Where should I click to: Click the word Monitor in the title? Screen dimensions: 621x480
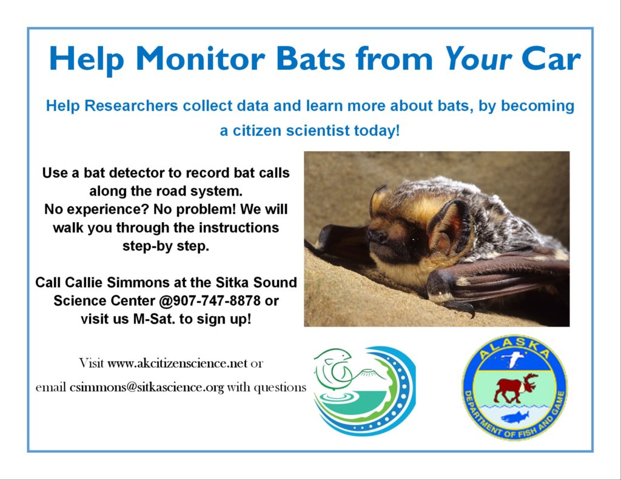click(200, 58)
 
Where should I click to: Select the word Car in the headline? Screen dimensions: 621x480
click(551, 58)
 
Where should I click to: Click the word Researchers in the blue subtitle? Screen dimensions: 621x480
click(131, 106)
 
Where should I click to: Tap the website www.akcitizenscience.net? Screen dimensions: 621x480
click(177, 363)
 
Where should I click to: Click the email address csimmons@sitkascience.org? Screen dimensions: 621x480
click(147, 387)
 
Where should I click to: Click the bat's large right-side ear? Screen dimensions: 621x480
click(449, 226)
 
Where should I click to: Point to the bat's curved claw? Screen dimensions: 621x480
click(462, 307)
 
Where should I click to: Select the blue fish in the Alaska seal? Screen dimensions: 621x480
click(514, 417)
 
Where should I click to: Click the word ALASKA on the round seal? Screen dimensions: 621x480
click(514, 348)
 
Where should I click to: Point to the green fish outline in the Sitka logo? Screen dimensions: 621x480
click(334, 367)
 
